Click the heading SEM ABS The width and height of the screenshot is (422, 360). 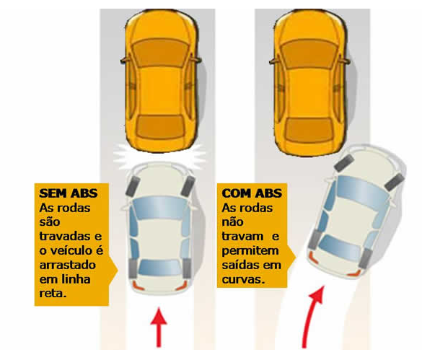[x=69, y=193]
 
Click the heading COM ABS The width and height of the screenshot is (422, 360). [x=252, y=193]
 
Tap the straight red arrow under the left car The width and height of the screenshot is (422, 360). [x=159, y=328]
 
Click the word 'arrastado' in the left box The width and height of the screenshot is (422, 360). [x=68, y=265]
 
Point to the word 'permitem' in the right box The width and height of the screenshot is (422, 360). [x=250, y=251]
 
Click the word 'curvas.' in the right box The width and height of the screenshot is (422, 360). [x=244, y=279]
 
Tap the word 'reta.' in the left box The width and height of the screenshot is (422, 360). [x=53, y=293]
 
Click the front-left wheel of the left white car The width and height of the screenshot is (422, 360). [x=131, y=187]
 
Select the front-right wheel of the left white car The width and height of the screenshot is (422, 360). [x=188, y=186]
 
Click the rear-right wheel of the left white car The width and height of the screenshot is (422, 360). [x=187, y=268]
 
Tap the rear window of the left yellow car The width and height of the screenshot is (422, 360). [x=160, y=126]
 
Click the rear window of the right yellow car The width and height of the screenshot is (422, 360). [x=309, y=130]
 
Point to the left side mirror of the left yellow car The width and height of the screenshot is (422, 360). [x=124, y=61]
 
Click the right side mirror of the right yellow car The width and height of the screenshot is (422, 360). [x=347, y=61]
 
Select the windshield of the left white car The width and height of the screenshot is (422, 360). [x=159, y=207]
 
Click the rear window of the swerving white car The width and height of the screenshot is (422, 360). [x=340, y=247]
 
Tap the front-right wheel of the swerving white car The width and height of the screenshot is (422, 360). [x=395, y=182]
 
